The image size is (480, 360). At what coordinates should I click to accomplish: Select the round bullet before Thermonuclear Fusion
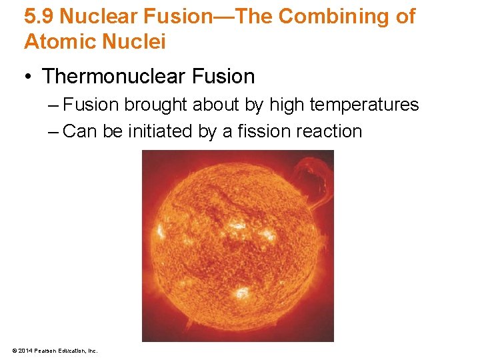29,77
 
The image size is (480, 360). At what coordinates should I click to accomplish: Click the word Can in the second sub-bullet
81,131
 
